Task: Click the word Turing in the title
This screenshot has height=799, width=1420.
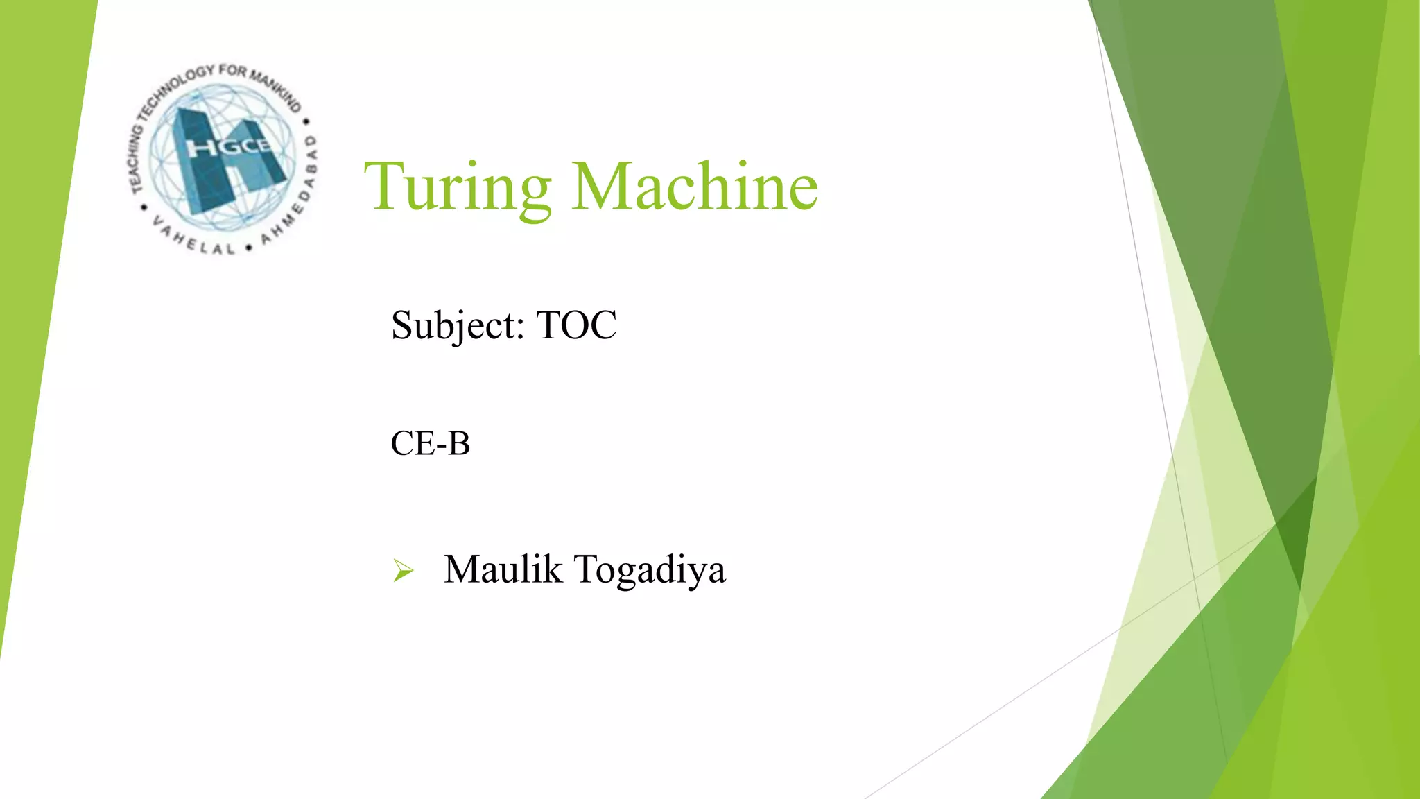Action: pos(458,187)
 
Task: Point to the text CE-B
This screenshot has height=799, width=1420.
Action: pos(430,443)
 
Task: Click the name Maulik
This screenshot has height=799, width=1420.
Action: pos(503,569)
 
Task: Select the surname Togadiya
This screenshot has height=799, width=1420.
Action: pos(650,571)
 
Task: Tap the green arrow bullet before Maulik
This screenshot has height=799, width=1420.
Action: pos(403,570)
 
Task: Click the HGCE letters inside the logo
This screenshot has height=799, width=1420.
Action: pos(228,147)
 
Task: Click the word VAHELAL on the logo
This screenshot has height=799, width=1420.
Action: pos(193,239)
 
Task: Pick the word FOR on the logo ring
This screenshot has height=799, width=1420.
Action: pos(232,70)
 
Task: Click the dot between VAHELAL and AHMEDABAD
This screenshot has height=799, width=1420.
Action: pos(248,248)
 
